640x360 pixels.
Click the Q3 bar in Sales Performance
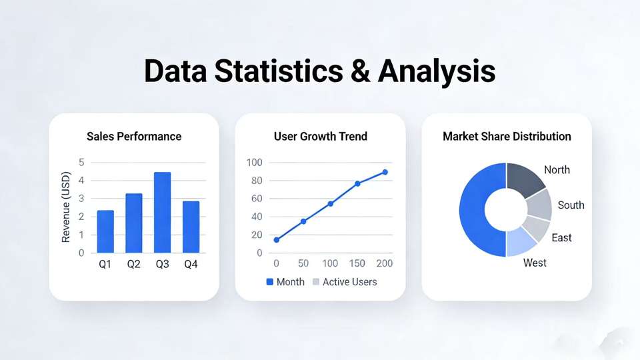[162, 212]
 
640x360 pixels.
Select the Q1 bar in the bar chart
[105, 231]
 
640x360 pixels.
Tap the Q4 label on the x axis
[191, 265]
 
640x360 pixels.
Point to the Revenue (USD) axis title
[66, 207]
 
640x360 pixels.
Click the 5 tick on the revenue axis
[81, 163]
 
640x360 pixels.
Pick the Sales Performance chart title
[134, 136]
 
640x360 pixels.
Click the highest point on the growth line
[385, 172]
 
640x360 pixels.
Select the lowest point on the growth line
[276, 240]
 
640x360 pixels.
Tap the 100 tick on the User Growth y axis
[254, 163]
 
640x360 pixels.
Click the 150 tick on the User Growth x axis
[357, 264]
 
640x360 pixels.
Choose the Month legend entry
[285, 281]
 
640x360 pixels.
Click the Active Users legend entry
[345, 281]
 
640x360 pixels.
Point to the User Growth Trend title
[321, 136]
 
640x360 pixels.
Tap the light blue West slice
[519, 243]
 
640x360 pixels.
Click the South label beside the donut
[571, 205]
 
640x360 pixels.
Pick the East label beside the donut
[561, 237]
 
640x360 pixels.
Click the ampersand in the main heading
[361, 71]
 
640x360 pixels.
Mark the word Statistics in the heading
[279, 71]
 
